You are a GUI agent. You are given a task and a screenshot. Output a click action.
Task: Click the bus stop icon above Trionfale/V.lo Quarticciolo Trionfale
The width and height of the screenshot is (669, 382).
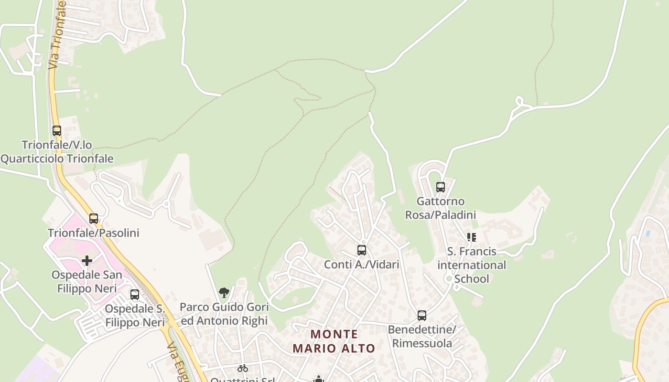(x=57, y=130)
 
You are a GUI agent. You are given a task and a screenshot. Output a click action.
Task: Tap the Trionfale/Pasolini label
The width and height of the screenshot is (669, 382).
(x=93, y=233)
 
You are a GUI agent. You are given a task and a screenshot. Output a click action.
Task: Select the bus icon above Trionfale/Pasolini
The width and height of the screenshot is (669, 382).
(x=94, y=219)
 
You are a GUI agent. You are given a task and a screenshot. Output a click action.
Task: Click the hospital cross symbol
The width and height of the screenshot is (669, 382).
(x=86, y=261)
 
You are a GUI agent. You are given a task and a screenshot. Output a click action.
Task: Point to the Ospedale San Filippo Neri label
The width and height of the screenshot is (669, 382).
(x=86, y=282)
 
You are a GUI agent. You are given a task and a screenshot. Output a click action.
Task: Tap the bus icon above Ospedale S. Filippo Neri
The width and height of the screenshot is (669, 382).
(x=135, y=294)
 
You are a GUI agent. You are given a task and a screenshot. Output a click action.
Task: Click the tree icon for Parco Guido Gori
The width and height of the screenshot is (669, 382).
(x=224, y=293)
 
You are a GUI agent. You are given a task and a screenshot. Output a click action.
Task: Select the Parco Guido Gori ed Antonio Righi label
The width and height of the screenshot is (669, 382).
(x=224, y=314)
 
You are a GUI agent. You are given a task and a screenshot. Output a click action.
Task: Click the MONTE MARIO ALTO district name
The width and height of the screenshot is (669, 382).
(x=334, y=341)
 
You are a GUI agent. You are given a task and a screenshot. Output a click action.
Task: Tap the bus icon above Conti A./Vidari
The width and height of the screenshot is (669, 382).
(x=362, y=250)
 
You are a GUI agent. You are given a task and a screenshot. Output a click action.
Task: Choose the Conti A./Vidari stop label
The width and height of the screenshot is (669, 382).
(x=361, y=264)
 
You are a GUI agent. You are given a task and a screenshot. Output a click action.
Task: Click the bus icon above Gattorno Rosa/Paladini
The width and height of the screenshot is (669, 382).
(x=441, y=187)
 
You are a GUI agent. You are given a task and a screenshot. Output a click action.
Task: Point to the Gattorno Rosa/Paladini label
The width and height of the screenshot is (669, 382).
(x=441, y=208)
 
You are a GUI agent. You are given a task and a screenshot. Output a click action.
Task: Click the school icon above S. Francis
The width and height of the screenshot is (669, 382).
(x=472, y=237)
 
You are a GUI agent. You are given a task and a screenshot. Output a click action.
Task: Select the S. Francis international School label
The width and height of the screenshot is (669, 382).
(x=472, y=265)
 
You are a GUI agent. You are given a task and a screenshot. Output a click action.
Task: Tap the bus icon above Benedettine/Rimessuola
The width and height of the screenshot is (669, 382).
(x=422, y=315)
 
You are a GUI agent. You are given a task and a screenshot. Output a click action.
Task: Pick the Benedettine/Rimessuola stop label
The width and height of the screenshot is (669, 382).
(x=422, y=336)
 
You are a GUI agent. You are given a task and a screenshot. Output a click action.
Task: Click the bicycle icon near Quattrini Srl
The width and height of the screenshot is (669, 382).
(x=243, y=368)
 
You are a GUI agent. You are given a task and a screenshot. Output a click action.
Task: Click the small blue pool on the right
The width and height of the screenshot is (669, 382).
(x=647, y=233)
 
